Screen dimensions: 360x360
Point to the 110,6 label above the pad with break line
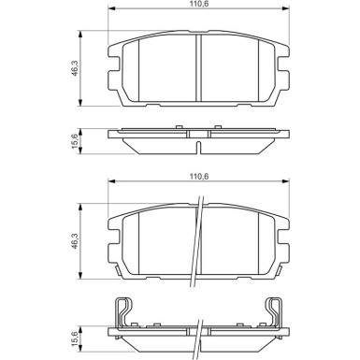point(197,175)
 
